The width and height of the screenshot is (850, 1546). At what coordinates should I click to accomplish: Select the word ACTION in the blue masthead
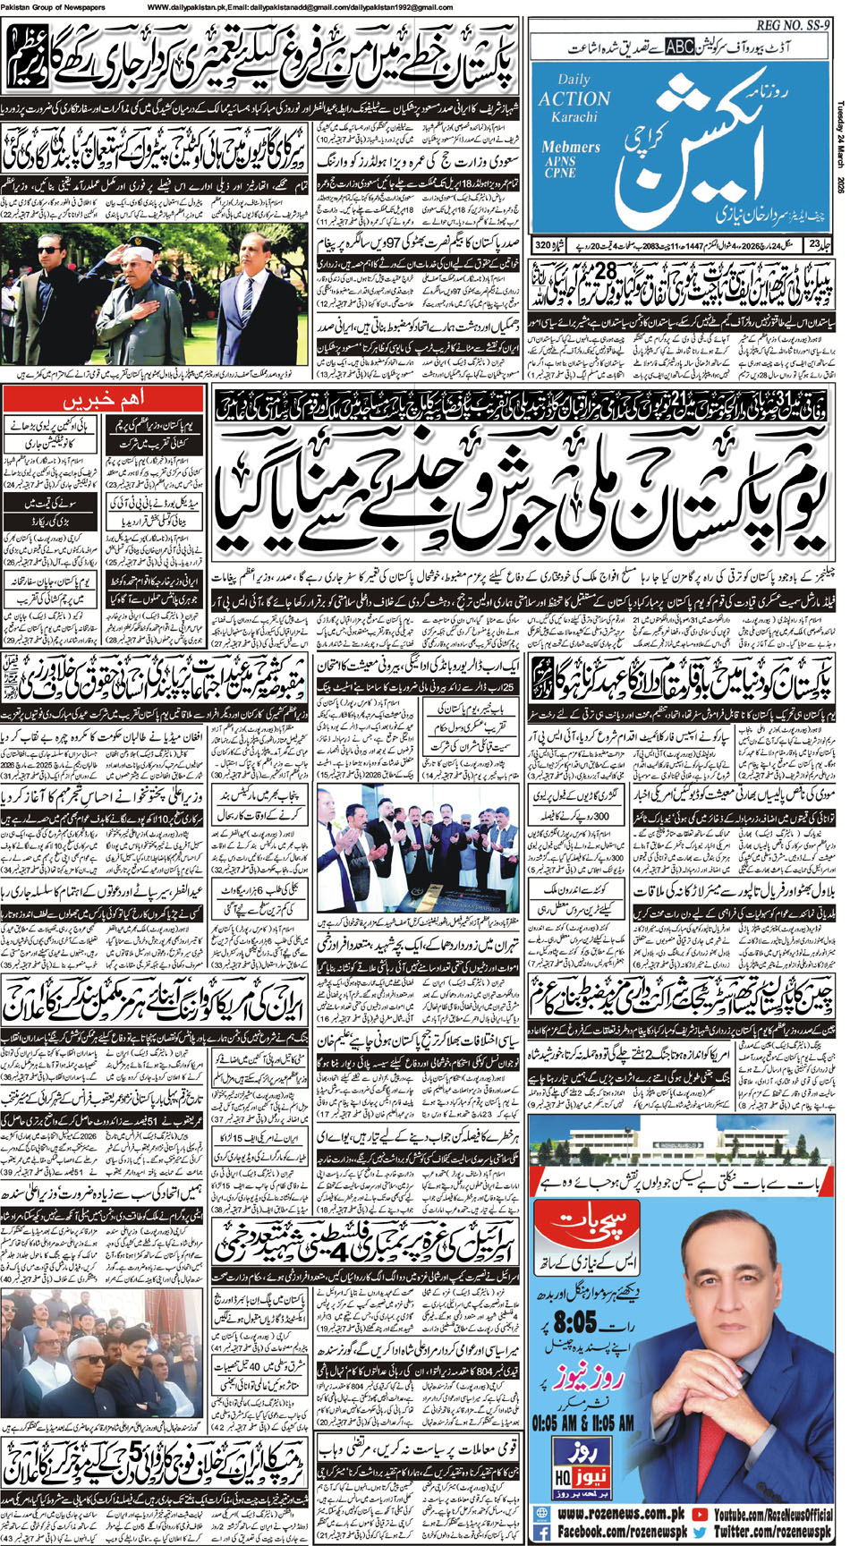(x=574, y=99)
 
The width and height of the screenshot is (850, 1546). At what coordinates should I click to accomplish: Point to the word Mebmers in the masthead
(x=571, y=147)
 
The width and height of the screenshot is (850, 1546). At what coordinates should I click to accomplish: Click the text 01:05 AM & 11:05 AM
(x=582, y=1422)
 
